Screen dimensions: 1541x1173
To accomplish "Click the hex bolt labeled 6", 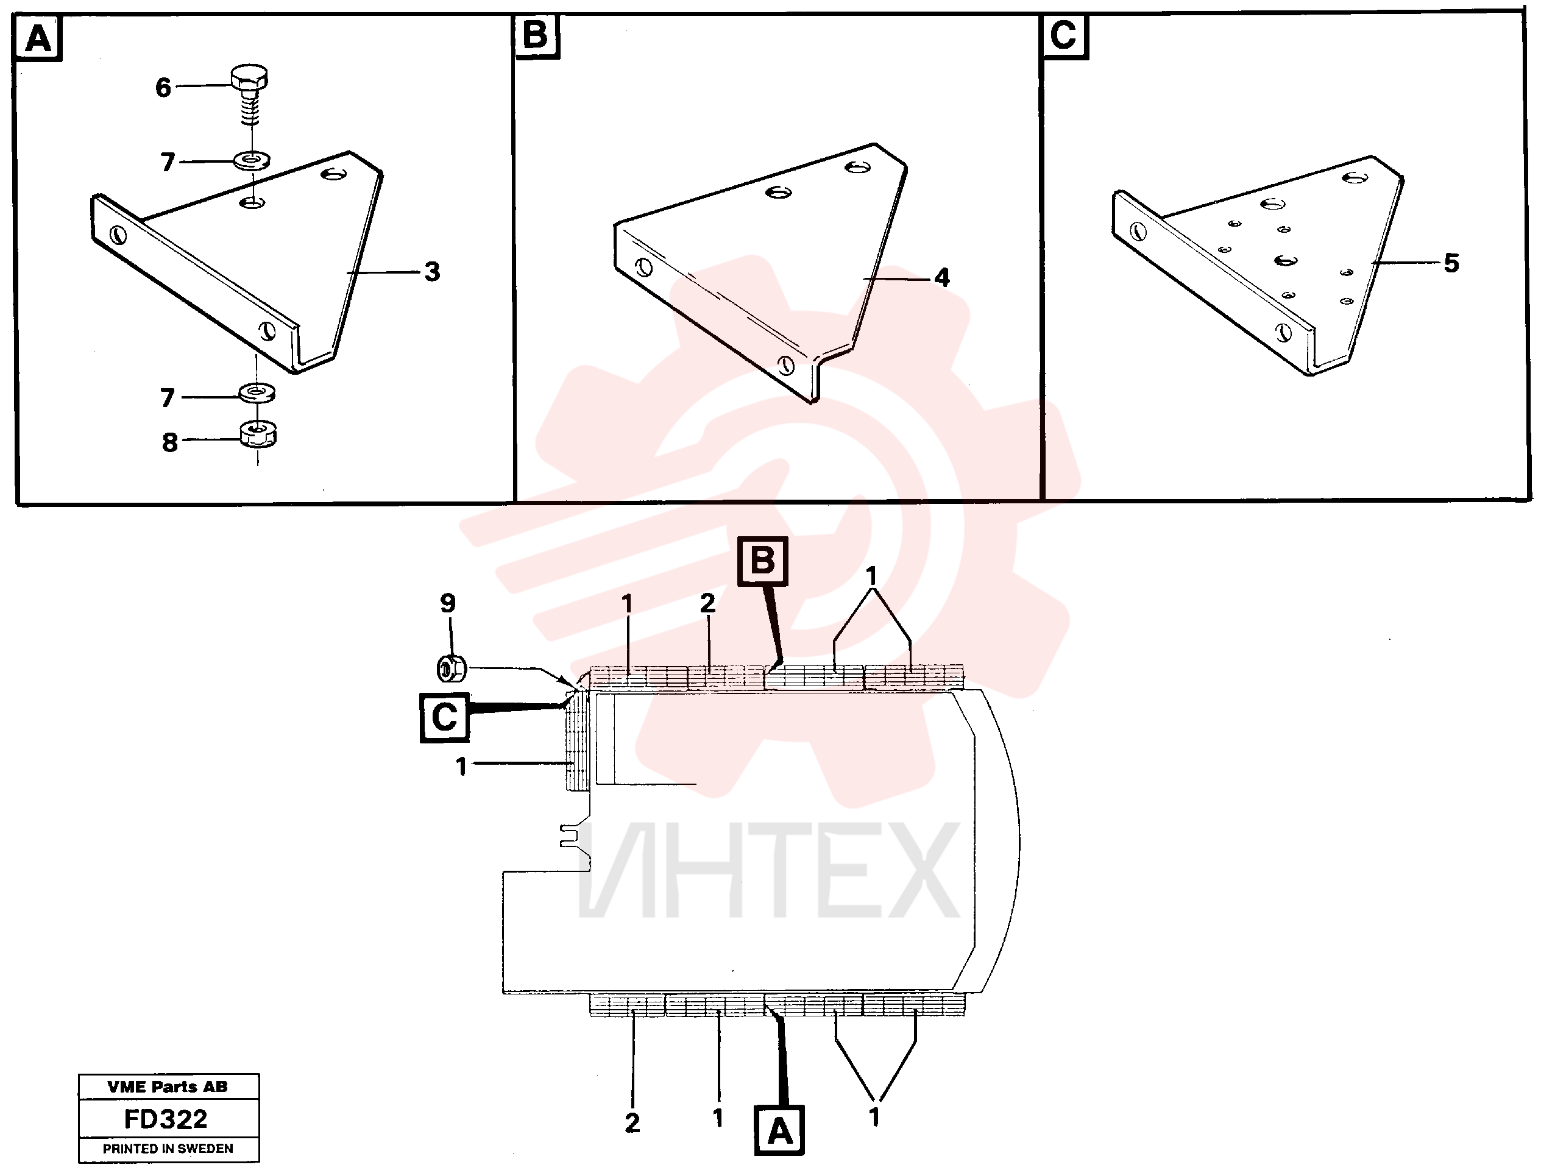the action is coord(249,95).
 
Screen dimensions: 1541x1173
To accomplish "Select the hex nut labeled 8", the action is coord(258,435).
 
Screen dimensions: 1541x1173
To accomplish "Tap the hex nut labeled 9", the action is coord(451,668).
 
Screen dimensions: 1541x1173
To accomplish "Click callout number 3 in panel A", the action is coord(432,272).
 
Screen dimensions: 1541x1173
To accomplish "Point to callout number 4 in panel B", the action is coord(942,278).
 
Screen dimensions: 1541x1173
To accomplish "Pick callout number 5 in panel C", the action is coord(1451,263).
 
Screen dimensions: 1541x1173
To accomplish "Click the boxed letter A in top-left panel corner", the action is coord(38,38).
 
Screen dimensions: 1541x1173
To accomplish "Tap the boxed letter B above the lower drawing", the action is coord(762,561).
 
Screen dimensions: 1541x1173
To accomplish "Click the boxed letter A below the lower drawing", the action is coord(780,1130).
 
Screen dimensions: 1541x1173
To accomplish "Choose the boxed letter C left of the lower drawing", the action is coord(445,717).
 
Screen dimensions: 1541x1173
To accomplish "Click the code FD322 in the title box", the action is coord(166,1119).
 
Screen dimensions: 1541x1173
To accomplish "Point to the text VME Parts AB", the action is coord(168,1086).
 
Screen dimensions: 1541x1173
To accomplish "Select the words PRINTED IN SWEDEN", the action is coord(168,1149).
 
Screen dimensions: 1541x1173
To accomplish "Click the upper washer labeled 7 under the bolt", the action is coord(253,161).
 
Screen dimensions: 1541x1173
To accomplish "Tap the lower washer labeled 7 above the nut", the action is coord(257,393).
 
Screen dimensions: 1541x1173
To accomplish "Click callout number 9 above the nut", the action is coord(448,603).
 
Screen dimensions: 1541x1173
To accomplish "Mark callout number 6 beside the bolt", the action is coord(163,88).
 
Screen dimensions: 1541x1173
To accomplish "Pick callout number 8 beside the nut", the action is coord(169,442).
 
